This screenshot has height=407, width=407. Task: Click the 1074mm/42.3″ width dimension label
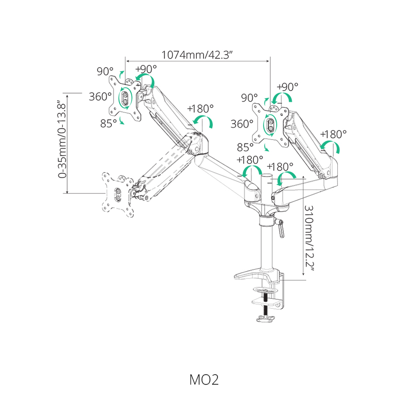point(197,55)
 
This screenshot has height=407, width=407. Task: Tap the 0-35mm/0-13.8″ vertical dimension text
point(62,139)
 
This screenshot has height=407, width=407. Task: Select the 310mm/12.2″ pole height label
point(309,238)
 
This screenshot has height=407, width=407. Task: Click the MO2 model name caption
point(204,380)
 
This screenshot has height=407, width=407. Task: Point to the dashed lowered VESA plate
point(118,194)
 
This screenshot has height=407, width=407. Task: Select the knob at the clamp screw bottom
point(265,318)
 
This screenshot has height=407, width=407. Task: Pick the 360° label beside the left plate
point(100,97)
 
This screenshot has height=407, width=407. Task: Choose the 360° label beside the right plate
point(242,124)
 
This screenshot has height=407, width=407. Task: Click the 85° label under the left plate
point(108,124)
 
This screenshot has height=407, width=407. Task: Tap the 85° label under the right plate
point(245,148)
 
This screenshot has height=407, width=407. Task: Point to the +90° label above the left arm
point(146,69)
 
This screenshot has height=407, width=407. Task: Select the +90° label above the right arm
point(287,86)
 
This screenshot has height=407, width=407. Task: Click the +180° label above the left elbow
point(200,108)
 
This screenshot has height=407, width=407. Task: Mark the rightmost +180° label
point(333,134)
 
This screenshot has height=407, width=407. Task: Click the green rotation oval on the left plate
point(125,98)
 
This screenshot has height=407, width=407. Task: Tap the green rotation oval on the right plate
point(270,125)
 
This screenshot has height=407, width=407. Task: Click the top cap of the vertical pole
point(266,176)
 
